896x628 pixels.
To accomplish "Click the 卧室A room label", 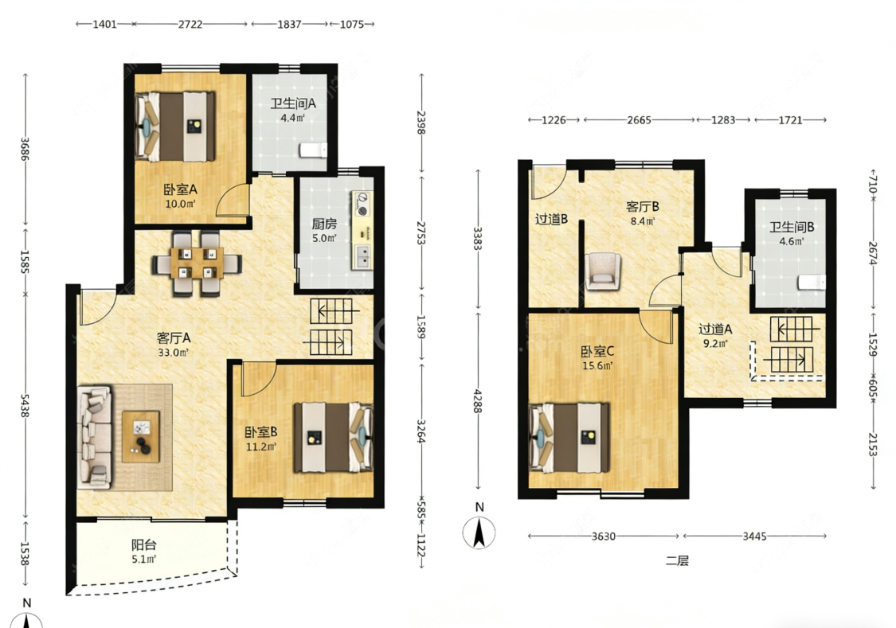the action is pyautogui.click(x=180, y=189).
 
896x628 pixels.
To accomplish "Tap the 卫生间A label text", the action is pyautogui.click(x=293, y=103).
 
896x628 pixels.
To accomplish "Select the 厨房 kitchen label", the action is pyautogui.click(x=324, y=224).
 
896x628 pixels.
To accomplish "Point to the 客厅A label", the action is pyautogui.click(x=174, y=338).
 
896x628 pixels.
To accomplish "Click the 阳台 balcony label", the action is pyautogui.click(x=144, y=544).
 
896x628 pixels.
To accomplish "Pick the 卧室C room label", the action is pyautogui.click(x=597, y=351).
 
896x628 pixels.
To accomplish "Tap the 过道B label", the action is pyautogui.click(x=551, y=219).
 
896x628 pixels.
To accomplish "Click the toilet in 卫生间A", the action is pyautogui.click(x=313, y=150).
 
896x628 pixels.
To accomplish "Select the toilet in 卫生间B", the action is pyautogui.click(x=812, y=282).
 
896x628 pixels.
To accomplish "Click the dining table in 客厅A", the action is pyautogui.click(x=197, y=263).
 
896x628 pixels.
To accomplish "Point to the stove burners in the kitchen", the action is pyautogui.click(x=362, y=205).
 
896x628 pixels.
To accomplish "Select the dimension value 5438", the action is pyautogui.click(x=25, y=405).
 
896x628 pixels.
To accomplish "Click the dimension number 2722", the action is pyautogui.click(x=190, y=24).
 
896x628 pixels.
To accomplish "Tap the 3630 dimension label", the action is pyautogui.click(x=604, y=536).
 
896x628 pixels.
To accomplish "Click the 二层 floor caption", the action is pyautogui.click(x=676, y=560).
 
